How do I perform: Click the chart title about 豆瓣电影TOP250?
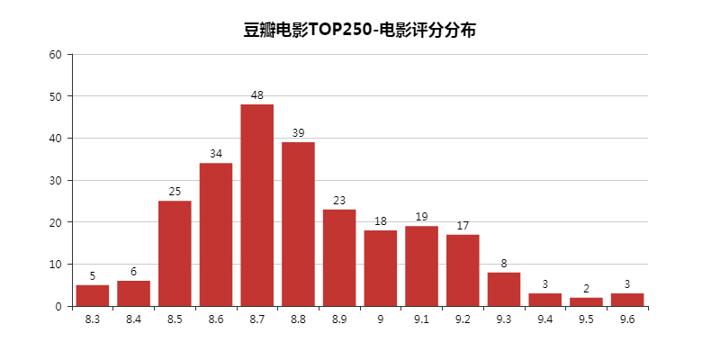359,30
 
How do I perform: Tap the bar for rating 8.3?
93,295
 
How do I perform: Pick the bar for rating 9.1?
422,265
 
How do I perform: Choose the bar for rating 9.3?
504,289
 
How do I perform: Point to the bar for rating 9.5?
586,301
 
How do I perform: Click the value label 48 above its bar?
257,95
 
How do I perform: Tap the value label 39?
299,133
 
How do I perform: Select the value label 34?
216,154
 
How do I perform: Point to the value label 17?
463,226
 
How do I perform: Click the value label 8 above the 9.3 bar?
504,264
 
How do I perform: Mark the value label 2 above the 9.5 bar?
586,289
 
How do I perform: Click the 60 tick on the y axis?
56,54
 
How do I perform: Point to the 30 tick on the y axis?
56,180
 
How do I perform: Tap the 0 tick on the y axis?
58,306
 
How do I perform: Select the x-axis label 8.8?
299,319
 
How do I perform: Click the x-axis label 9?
381,319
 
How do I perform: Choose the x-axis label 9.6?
627,319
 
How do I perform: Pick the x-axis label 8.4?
134,319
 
